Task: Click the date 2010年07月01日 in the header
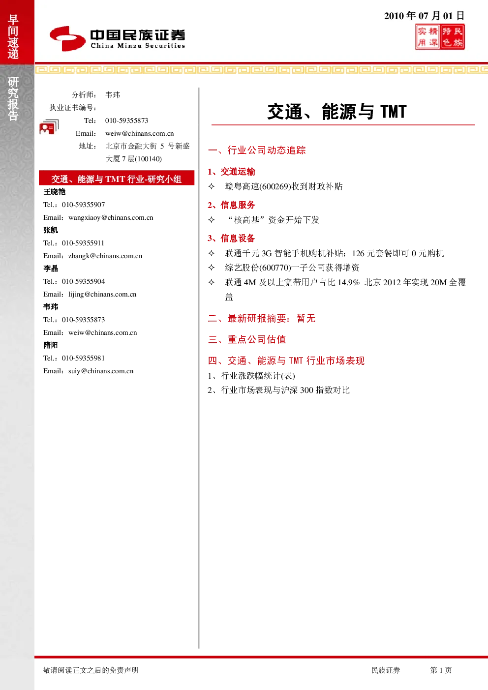click(x=424, y=16)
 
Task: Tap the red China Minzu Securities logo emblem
click(x=67, y=38)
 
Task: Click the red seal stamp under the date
click(x=440, y=37)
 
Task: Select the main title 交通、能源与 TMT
click(x=337, y=112)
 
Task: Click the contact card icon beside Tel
click(x=49, y=127)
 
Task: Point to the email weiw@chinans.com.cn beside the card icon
click(x=140, y=133)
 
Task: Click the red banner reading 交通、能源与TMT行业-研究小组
click(x=117, y=178)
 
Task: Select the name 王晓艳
click(x=55, y=192)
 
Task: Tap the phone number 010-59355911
click(x=83, y=243)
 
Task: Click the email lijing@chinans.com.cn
click(x=102, y=294)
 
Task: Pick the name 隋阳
click(x=51, y=345)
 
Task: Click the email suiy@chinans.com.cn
click(x=101, y=371)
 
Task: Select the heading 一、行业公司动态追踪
click(x=257, y=150)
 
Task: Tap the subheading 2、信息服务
click(x=231, y=205)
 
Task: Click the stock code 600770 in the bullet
click(x=275, y=268)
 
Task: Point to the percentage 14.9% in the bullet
click(x=348, y=282)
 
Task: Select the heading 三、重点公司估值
click(x=247, y=339)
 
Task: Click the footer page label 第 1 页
click(x=441, y=670)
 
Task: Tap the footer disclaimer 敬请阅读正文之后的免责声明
click(x=91, y=670)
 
